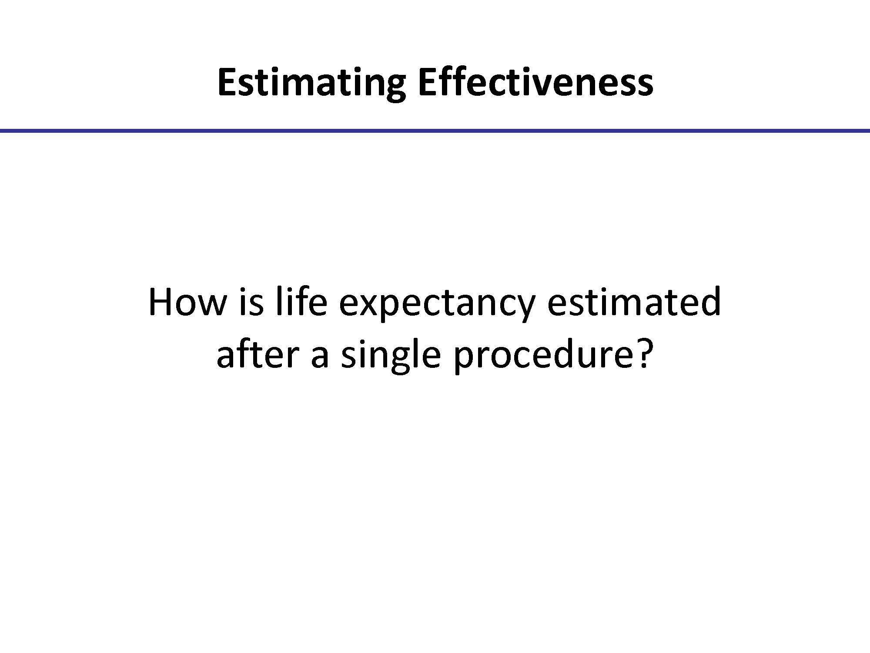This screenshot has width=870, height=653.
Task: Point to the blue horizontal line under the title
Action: [x=435, y=130]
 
